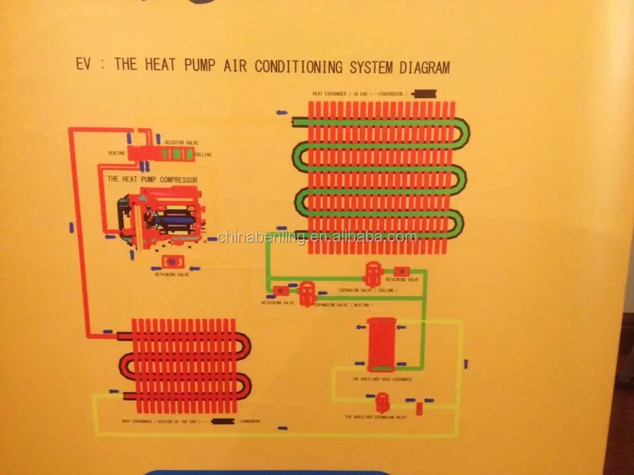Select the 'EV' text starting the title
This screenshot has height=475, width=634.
click(84, 65)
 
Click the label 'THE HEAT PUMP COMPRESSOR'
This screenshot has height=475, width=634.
click(152, 180)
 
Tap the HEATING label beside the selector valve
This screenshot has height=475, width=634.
click(116, 153)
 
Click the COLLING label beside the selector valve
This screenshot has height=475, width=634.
click(203, 155)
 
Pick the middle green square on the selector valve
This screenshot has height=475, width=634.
click(178, 154)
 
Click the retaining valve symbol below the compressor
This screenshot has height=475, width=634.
click(171, 261)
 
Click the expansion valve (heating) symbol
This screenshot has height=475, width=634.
click(307, 293)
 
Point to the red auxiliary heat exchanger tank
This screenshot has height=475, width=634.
click(382, 344)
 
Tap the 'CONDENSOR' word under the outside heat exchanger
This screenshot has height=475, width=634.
click(249, 422)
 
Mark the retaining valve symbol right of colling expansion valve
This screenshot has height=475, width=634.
click(402, 271)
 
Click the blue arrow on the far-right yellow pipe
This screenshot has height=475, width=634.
click(466, 364)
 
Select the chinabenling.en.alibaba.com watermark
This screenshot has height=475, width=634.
click(317, 237)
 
